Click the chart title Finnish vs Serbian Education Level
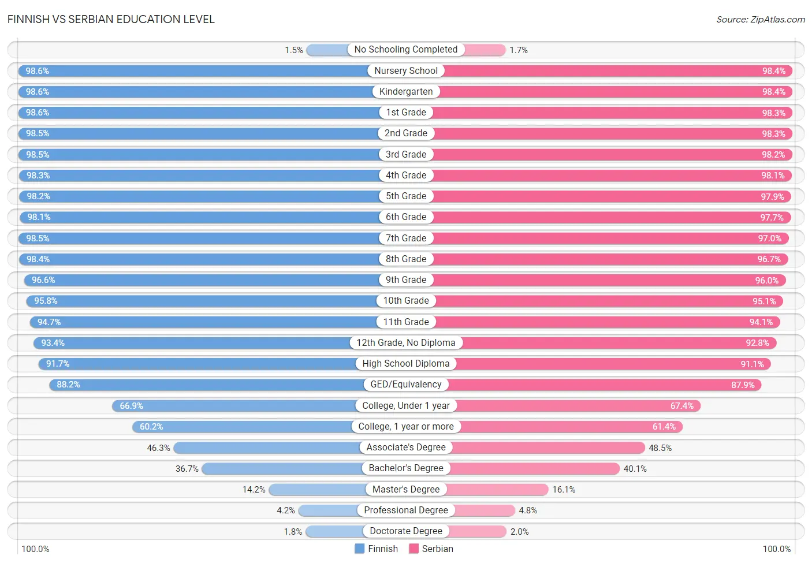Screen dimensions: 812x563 tap(111, 19)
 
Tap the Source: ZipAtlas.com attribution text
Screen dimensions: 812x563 tap(761, 20)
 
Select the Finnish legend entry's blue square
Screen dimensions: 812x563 tap(359, 549)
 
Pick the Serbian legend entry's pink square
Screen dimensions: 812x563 tap(414, 549)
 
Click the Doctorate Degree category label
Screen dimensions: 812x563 tap(406, 531)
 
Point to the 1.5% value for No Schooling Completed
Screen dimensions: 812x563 tap(293, 50)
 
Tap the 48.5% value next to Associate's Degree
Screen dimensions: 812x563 tap(660, 448)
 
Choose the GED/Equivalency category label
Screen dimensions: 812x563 tap(406, 384)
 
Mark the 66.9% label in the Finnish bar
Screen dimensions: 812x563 tap(131, 406)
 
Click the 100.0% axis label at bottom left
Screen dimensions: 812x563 tap(35, 549)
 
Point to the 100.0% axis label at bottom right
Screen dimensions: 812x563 tap(777, 549)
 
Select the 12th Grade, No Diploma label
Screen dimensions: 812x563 tap(406, 342)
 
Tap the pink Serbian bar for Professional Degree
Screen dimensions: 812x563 tap(485, 510)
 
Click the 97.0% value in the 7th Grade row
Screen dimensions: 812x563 tap(770, 238)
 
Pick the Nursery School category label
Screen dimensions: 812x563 tap(406, 70)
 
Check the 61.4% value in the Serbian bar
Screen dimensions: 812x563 tap(664, 427)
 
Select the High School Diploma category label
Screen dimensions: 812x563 tap(406, 364)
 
